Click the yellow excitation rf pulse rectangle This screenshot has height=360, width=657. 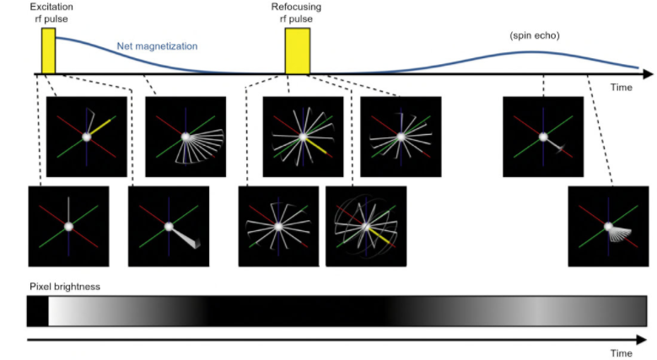point(48,51)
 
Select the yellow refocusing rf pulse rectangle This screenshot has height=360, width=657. point(297,51)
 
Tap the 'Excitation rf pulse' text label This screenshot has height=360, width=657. point(51,13)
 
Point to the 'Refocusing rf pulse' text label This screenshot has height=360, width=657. point(295,13)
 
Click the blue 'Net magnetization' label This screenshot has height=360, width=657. point(157,46)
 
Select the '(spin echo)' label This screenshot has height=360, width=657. point(534,36)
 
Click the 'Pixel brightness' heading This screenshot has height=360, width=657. point(64,287)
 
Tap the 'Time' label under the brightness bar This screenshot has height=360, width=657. point(622,353)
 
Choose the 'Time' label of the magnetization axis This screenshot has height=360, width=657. point(622,87)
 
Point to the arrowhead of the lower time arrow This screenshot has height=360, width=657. point(648,340)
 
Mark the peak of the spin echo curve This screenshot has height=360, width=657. point(531,52)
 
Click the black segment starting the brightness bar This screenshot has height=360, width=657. point(37,311)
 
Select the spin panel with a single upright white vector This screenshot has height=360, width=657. point(68,226)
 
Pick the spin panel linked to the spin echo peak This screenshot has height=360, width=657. point(542,137)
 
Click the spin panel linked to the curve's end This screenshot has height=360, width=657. point(608,226)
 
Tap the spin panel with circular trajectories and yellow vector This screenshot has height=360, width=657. point(365,226)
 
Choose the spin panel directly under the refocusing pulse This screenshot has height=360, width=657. point(303,137)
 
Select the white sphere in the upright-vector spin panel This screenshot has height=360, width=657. point(68,226)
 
